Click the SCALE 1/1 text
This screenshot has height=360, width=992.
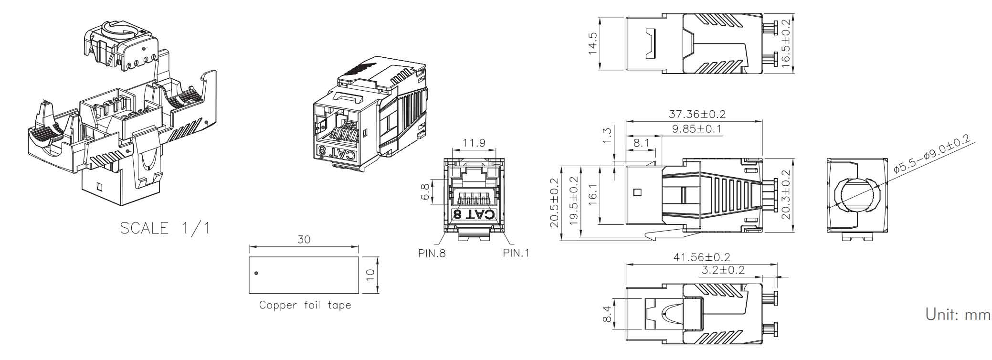click(x=165, y=228)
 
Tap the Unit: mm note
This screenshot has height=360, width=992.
click(x=958, y=315)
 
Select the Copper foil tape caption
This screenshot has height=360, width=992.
click(x=305, y=305)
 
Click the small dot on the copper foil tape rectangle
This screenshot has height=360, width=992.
click(x=256, y=273)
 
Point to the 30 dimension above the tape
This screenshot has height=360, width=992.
click(x=304, y=239)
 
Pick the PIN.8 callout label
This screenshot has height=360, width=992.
click(x=432, y=254)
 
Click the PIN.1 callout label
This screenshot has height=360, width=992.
click(x=516, y=253)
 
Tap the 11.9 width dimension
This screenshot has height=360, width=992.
click(x=474, y=142)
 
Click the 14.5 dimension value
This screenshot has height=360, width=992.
click(x=593, y=43)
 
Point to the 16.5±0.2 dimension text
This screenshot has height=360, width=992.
click(x=786, y=43)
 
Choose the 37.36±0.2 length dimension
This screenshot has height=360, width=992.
click(x=697, y=114)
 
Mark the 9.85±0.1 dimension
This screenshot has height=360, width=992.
click(x=697, y=129)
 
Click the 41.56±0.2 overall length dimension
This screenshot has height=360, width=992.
click(x=702, y=257)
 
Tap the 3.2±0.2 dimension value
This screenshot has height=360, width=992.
click(x=723, y=270)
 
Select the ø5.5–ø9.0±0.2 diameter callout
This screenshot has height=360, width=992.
click(x=931, y=153)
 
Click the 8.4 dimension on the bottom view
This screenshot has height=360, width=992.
click(x=606, y=314)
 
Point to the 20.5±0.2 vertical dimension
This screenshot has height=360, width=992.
click(x=554, y=202)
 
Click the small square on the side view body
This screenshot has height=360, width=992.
click(x=636, y=193)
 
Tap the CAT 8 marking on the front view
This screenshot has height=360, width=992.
click(x=475, y=214)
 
